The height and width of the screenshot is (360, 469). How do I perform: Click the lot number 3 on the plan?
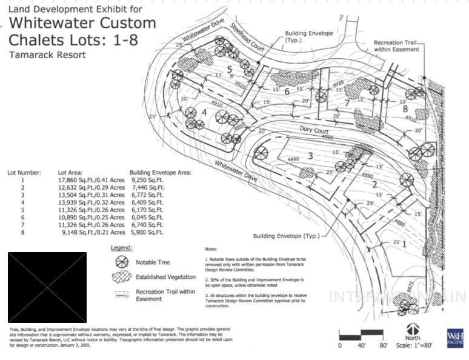point(310,156)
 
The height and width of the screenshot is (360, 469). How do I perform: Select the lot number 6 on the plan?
point(287,92)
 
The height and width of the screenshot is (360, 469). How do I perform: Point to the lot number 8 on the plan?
point(405,109)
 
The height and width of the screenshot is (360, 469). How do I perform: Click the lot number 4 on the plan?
point(205,113)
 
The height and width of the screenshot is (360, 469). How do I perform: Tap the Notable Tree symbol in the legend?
point(122,262)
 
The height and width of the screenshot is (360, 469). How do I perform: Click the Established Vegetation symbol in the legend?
point(122,276)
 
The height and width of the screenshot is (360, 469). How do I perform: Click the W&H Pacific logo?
point(454,338)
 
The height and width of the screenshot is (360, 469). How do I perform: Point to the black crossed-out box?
point(47,287)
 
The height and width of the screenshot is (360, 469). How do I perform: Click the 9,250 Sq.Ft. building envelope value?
point(147,180)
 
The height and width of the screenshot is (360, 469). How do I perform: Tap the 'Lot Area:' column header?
point(70,172)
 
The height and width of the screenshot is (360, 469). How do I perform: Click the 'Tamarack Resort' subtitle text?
point(47,55)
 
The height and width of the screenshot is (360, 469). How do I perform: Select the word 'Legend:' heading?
point(122,247)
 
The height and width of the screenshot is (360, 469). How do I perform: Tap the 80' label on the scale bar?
point(384,345)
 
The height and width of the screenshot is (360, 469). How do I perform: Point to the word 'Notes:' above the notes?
point(211,249)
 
